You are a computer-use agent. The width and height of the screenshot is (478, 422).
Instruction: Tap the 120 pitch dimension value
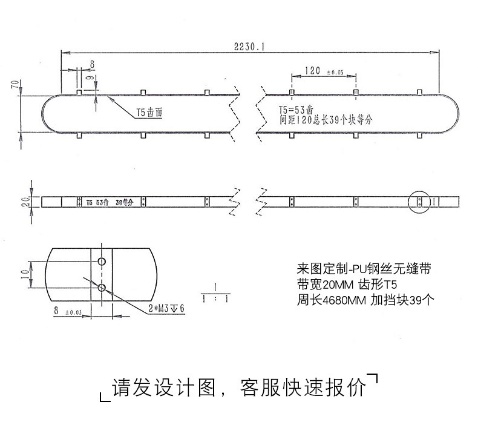coord(312,71)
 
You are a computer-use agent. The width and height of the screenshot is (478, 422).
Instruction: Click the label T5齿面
coord(149,113)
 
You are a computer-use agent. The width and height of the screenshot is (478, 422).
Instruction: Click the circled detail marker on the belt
coord(422,202)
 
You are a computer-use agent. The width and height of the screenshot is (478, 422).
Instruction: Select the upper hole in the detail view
coord(102,261)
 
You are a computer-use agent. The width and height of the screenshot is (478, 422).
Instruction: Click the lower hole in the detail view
coord(102,287)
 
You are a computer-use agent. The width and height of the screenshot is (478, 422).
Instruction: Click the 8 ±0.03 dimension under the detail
coord(67,311)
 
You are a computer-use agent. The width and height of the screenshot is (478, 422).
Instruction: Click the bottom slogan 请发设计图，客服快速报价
coord(239,387)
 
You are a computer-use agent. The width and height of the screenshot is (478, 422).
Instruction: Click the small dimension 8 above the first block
coord(92,64)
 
